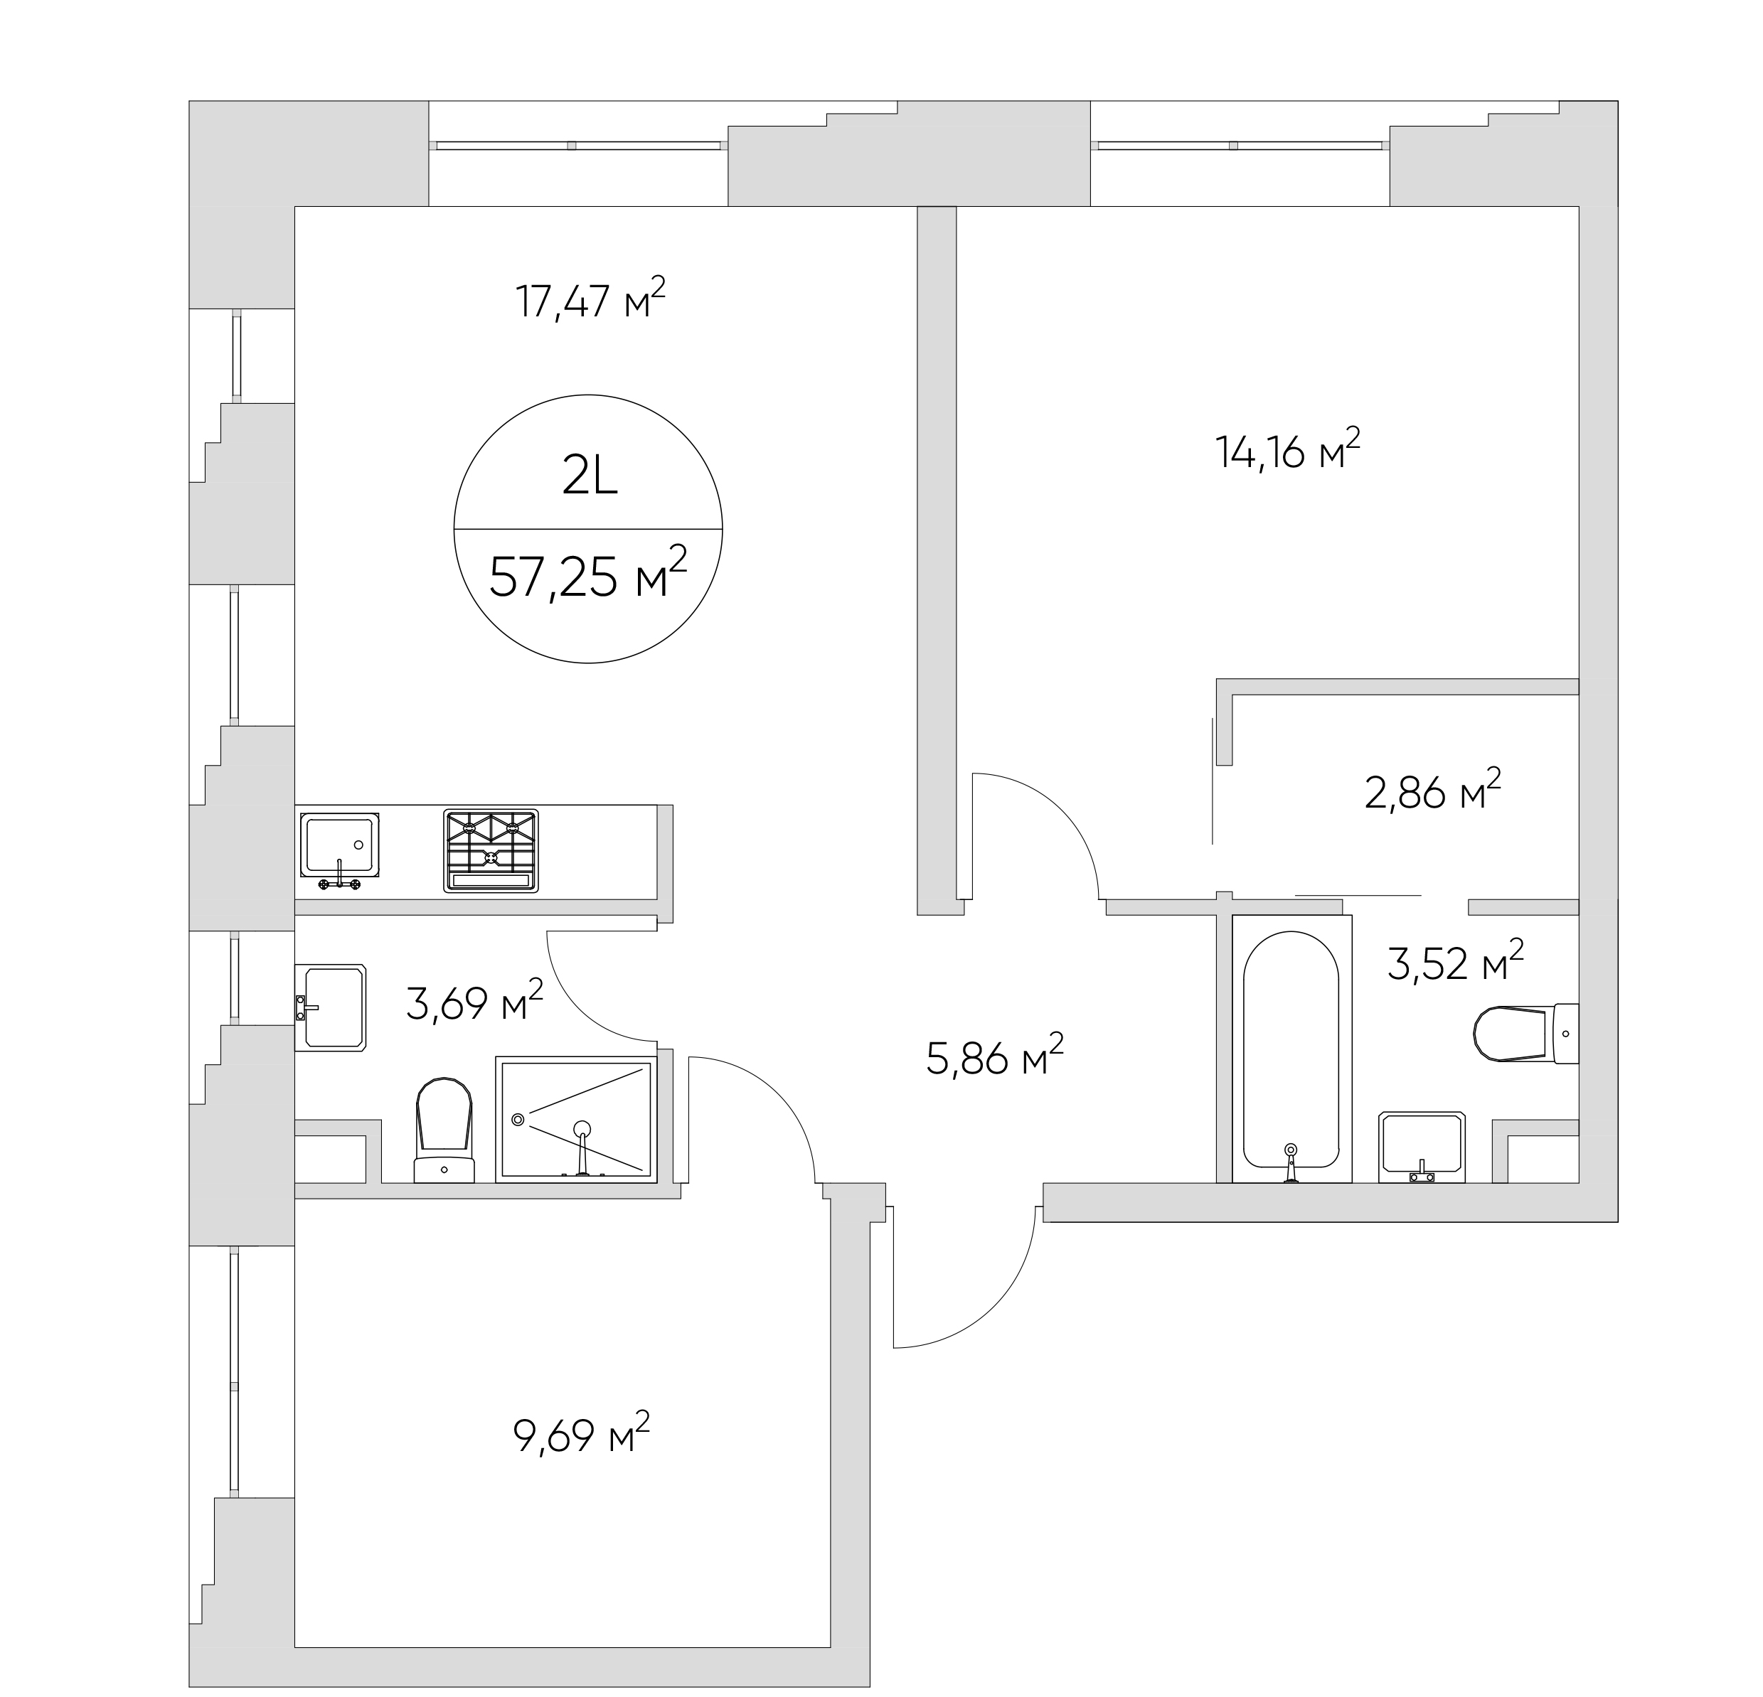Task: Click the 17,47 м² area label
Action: click(x=590, y=299)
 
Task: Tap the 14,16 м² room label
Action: click(x=1287, y=449)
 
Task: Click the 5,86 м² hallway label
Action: click(x=995, y=1055)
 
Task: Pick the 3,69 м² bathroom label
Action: click(x=475, y=1001)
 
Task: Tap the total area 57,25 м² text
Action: click(x=588, y=573)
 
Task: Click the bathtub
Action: click(x=1291, y=1049)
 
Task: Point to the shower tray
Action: click(x=575, y=1120)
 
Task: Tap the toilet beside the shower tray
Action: click(x=444, y=1130)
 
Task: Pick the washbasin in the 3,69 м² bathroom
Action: click(x=330, y=1007)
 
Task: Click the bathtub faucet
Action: click(x=1291, y=1163)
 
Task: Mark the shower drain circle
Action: click(x=517, y=1120)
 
